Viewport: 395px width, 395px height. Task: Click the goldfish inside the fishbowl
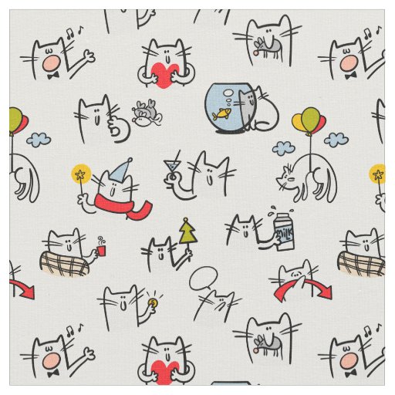(221, 113)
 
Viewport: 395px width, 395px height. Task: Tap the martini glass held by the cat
(170, 167)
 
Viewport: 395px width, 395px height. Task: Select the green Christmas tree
(188, 232)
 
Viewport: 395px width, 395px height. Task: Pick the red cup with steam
(101, 250)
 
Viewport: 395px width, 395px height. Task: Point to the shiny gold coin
(154, 302)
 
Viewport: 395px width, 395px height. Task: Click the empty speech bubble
(203, 279)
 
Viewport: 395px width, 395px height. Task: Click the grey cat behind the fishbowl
(247, 110)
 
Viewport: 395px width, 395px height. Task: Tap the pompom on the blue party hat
(130, 160)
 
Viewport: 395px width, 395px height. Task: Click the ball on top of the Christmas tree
(186, 220)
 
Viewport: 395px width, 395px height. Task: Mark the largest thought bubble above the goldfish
(228, 93)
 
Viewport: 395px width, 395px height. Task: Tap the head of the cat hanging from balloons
(286, 178)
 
